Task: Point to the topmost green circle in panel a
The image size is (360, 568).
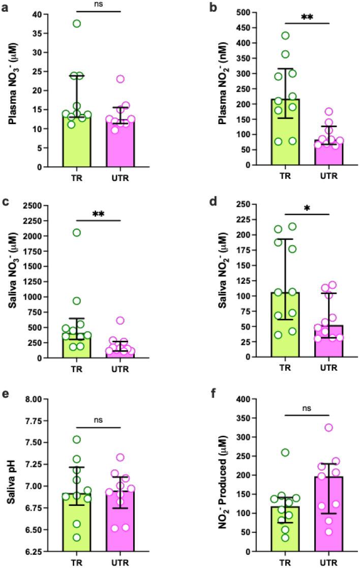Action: (77, 23)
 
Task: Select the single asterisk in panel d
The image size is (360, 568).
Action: (307, 210)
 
